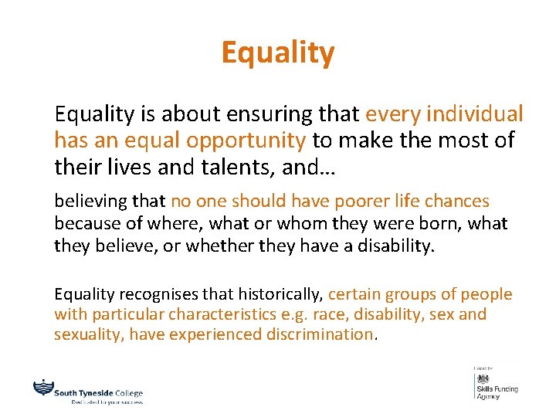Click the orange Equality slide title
point(277,53)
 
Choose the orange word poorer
point(327,202)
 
